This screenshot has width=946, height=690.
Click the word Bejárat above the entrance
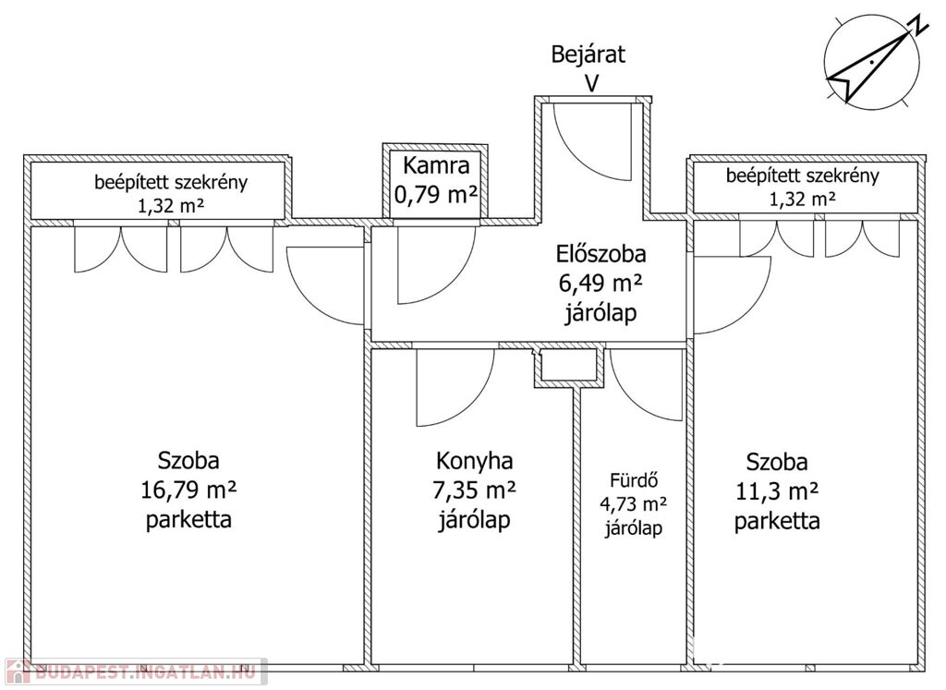pyautogui.click(x=588, y=54)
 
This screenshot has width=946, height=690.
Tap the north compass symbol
pyautogui.click(x=871, y=62)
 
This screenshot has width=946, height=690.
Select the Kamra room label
pyautogui.click(x=436, y=167)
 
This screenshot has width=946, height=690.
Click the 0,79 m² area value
pyautogui.click(x=436, y=195)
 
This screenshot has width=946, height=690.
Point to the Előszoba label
pyautogui.click(x=600, y=253)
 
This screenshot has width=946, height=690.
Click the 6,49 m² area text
pyautogui.click(x=600, y=284)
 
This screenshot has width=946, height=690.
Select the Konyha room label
pyautogui.click(x=474, y=460)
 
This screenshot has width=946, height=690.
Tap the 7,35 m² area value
pyautogui.click(x=474, y=490)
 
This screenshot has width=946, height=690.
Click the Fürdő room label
pyautogui.click(x=634, y=480)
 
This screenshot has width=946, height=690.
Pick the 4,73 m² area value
pyautogui.click(x=634, y=504)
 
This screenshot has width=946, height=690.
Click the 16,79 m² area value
pyautogui.click(x=188, y=490)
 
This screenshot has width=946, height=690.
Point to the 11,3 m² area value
pyautogui.click(x=777, y=490)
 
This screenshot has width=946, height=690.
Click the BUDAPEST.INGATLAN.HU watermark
pyautogui.click(x=134, y=671)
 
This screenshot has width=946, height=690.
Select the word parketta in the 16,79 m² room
pyautogui.click(x=188, y=519)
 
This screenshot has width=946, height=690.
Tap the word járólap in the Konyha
pyautogui.click(x=474, y=520)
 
